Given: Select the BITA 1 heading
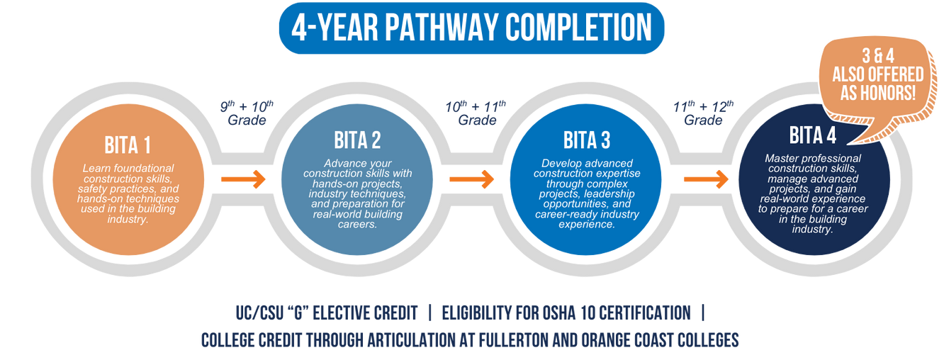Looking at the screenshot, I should pyautogui.click(x=128, y=147).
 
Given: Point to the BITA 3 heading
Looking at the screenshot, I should pyautogui.click(x=586, y=140).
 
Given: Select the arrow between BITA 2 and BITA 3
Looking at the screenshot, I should pyautogui.click(x=471, y=179).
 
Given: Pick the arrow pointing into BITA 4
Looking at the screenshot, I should pyautogui.click(x=706, y=179).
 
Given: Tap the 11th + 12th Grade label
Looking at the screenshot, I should pyautogui.click(x=704, y=113).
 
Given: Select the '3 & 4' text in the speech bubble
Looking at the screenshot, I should pyautogui.click(x=878, y=57).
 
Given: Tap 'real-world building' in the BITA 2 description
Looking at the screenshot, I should pyautogui.click(x=359, y=214).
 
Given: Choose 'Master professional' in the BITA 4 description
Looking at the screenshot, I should pyautogui.click(x=812, y=158).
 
